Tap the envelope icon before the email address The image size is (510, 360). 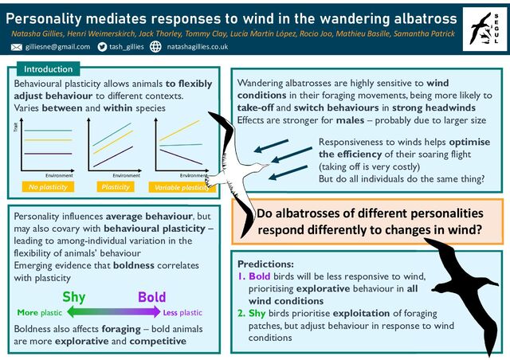(17, 48)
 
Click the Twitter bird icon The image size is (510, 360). (102, 48)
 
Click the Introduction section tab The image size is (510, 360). (48, 69)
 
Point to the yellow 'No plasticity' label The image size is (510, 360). (49, 187)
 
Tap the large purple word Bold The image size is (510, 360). (151, 297)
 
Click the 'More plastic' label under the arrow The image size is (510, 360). (40, 312)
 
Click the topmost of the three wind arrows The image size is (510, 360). (271, 144)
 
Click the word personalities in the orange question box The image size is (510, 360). (435, 213)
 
